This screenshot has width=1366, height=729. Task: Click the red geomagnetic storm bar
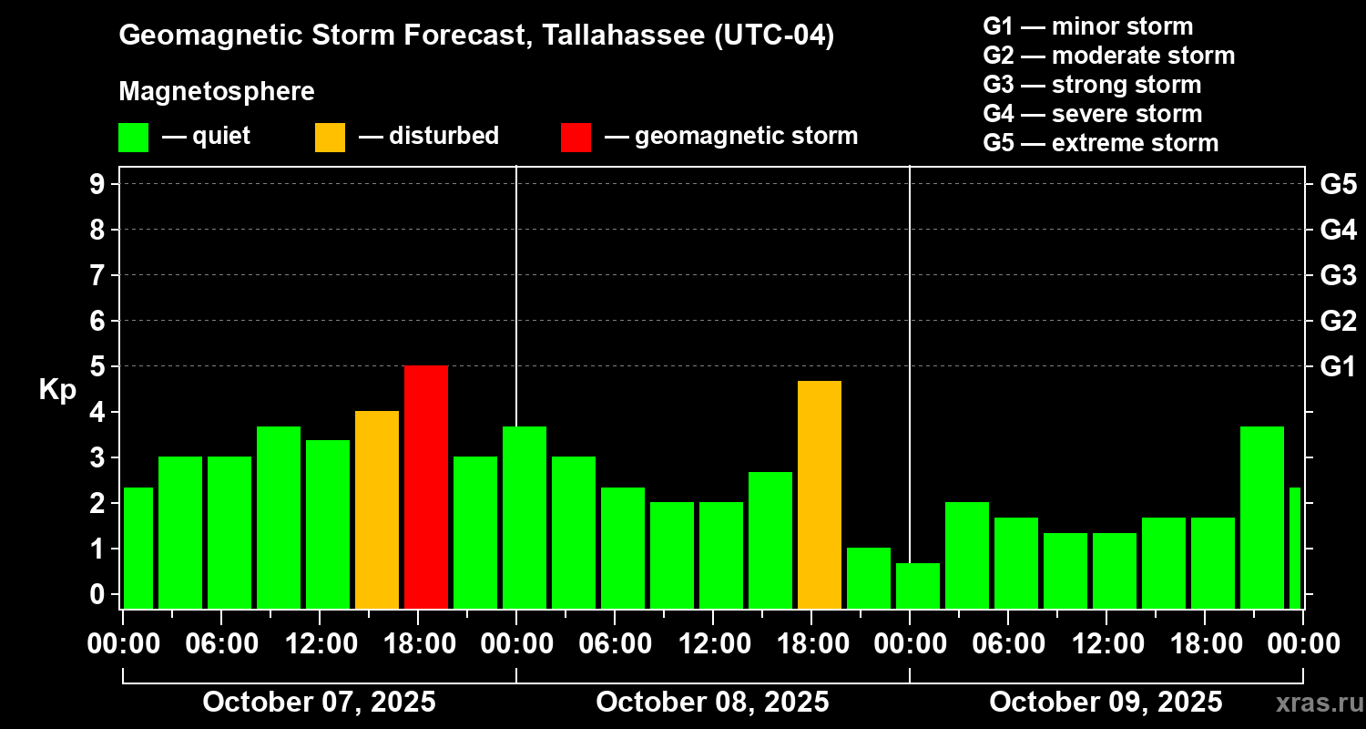[426, 487]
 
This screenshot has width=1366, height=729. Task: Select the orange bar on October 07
[377, 509]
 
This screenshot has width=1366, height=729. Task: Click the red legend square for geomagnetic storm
[576, 137]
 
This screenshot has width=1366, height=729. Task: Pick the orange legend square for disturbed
[330, 137]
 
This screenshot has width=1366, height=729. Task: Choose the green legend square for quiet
[133, 137]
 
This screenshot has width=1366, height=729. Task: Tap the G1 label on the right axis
[1338, 366]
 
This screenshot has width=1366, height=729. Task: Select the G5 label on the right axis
[1338, 184]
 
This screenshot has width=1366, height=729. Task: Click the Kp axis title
[57, 390]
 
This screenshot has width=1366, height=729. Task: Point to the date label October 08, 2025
[712, 702]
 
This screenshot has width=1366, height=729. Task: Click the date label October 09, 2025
[1106, 702]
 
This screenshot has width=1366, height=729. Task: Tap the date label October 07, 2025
[319, 702]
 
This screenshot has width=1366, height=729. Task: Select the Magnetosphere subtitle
[217, 92]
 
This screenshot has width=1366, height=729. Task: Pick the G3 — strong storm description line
[1092, 85]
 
